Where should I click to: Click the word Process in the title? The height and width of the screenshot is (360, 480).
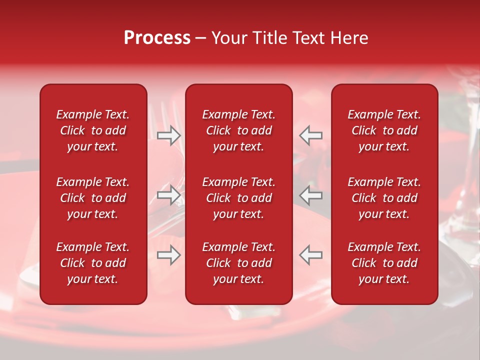(x=157, y=38)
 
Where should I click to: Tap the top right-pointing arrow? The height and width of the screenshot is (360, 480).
(x=168, y=135)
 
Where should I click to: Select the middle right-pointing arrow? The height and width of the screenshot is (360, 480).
(x=168, y=195)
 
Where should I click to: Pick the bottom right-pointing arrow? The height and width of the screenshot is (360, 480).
(x=168, y=255)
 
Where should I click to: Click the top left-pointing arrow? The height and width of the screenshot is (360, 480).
(x=311, y=135)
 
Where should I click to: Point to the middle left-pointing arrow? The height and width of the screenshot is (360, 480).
(x=311, y=195)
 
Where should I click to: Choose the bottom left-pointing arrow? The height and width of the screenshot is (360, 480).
(x=311, y=255)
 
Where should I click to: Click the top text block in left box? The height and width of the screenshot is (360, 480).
(x=93, y=130)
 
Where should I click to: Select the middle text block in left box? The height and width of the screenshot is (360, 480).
(x=93, y=198)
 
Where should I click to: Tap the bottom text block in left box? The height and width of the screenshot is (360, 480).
(x=93, y=263)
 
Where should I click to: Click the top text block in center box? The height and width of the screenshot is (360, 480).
(x=238, y=130)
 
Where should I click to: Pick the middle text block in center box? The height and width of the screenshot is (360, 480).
(x=238, y=198)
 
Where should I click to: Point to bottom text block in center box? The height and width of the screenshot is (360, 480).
(x=238, y=263)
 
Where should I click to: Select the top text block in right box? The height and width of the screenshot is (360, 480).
(x=384, y=130)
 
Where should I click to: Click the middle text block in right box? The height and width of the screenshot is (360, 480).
(x=384, y=198)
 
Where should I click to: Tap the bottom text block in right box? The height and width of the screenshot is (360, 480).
(x=384, y=263)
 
